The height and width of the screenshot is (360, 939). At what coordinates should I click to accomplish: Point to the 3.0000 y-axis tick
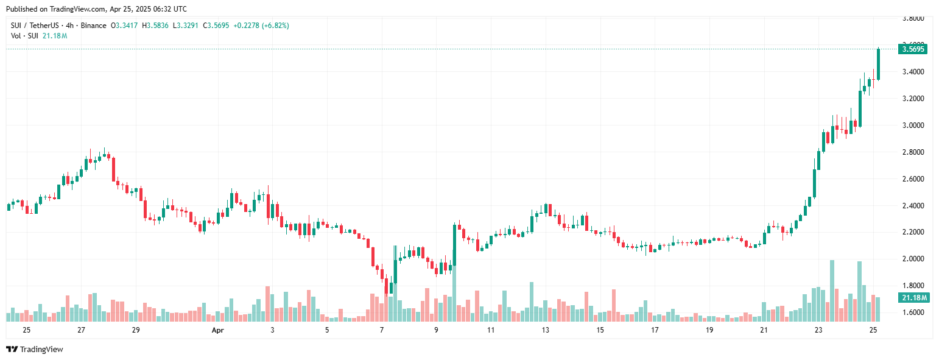pos(913,125)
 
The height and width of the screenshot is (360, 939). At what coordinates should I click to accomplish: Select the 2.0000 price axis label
pos(913,259)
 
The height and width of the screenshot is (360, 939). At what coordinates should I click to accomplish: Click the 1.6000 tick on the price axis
pos(913,312)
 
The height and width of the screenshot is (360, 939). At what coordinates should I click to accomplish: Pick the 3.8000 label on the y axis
pos(913,18)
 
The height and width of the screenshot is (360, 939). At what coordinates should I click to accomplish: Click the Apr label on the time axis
pos(218,330)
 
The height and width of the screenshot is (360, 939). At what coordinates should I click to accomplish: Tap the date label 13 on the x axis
pos(546,330)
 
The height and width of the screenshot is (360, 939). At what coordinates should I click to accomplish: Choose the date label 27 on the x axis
pos(81,330)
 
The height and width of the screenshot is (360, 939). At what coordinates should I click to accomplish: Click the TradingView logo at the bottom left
pos(35,349)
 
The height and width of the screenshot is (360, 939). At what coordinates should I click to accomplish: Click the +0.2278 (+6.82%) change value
pos(261,26)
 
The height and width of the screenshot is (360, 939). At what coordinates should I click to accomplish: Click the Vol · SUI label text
pos(25,36)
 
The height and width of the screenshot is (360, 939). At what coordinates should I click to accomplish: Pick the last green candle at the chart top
pos(878,64)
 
